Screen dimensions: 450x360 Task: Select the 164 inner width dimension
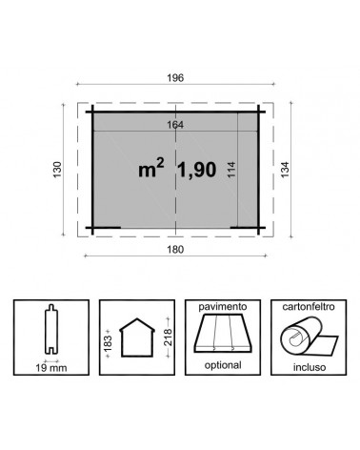click(x=173, y=124)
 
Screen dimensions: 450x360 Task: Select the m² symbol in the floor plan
click(x=150, y=169)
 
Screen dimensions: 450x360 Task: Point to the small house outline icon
click(x=134, y=338)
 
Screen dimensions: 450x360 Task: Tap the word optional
click(x=222, y=363)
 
